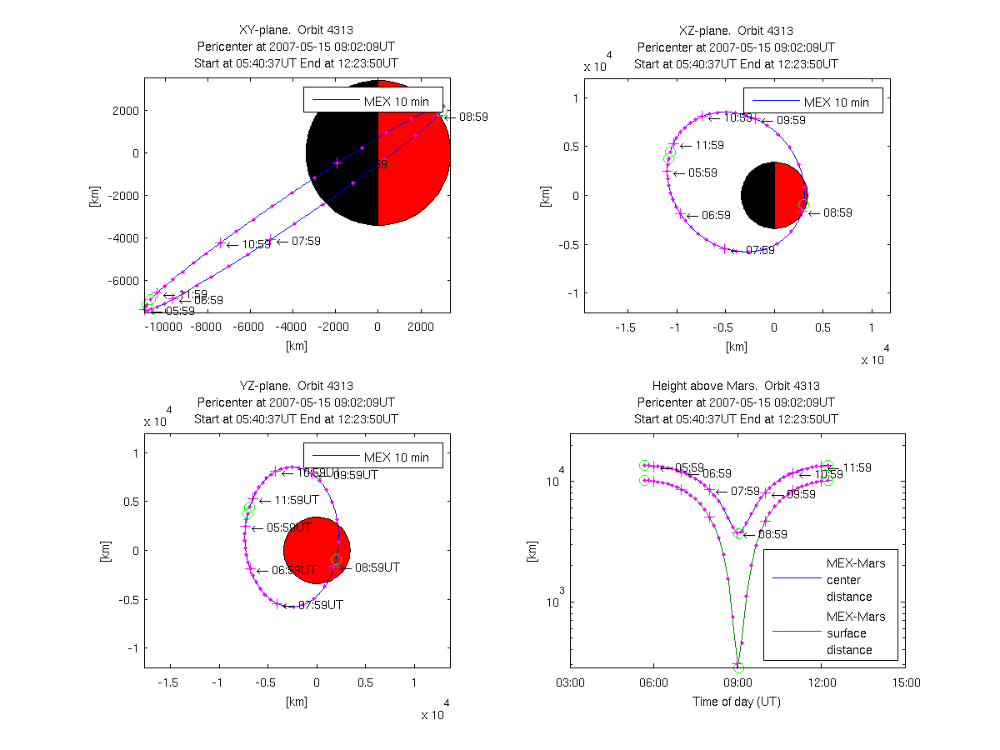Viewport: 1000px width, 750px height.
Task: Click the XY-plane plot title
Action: click(296, 32)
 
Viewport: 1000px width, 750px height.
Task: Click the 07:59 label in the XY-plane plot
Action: click(306, 242)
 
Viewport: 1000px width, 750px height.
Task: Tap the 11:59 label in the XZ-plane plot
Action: click(709, 146)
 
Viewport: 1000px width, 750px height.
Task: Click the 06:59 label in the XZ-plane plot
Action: click(716, 215)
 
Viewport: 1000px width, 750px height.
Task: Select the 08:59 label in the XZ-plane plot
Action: click(837, 213)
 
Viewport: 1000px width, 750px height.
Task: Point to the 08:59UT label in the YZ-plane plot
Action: click(377, 567)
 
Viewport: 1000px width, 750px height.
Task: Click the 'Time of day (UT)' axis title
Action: click(737, 702)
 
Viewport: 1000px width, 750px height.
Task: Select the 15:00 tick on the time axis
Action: click(906, 682)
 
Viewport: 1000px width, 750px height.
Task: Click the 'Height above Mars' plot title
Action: click(736, 386)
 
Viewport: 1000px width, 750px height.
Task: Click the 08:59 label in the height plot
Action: click(772, 534)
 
